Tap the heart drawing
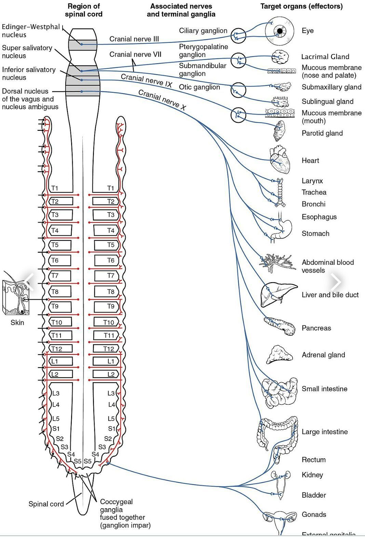280,160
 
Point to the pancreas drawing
279,325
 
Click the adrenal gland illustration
279,355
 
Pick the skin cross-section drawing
16,297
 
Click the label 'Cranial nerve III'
134,39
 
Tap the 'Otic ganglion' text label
199,87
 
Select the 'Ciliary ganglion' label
203,31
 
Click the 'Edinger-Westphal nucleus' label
30,31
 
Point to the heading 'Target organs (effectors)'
301,6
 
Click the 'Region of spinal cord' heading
83,10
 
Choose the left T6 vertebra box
59,261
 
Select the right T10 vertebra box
106,322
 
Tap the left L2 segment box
61,374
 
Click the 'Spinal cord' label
46,504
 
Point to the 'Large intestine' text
324,432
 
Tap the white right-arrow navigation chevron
336,282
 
